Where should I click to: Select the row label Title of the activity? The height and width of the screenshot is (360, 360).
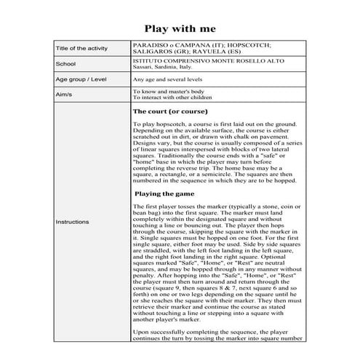click(81, 48)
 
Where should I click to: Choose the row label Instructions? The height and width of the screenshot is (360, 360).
click(72, 221)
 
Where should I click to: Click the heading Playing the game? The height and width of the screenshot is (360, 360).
click(167, 194)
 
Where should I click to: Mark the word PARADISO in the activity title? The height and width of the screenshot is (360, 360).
click(148, 44)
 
